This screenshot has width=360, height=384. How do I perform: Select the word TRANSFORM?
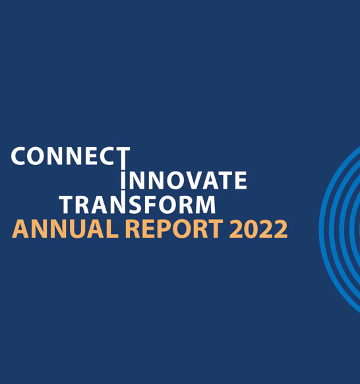[x=138, y=205]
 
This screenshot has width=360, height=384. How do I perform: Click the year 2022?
[x=258, y=229]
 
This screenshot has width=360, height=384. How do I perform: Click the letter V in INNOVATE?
[x=197, y=180]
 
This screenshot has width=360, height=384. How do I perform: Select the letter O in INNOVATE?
[x=177, y=180]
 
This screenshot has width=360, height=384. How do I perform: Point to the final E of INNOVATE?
[x=241, y=180]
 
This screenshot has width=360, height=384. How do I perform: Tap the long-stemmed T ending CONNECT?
[x=122, y=162]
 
